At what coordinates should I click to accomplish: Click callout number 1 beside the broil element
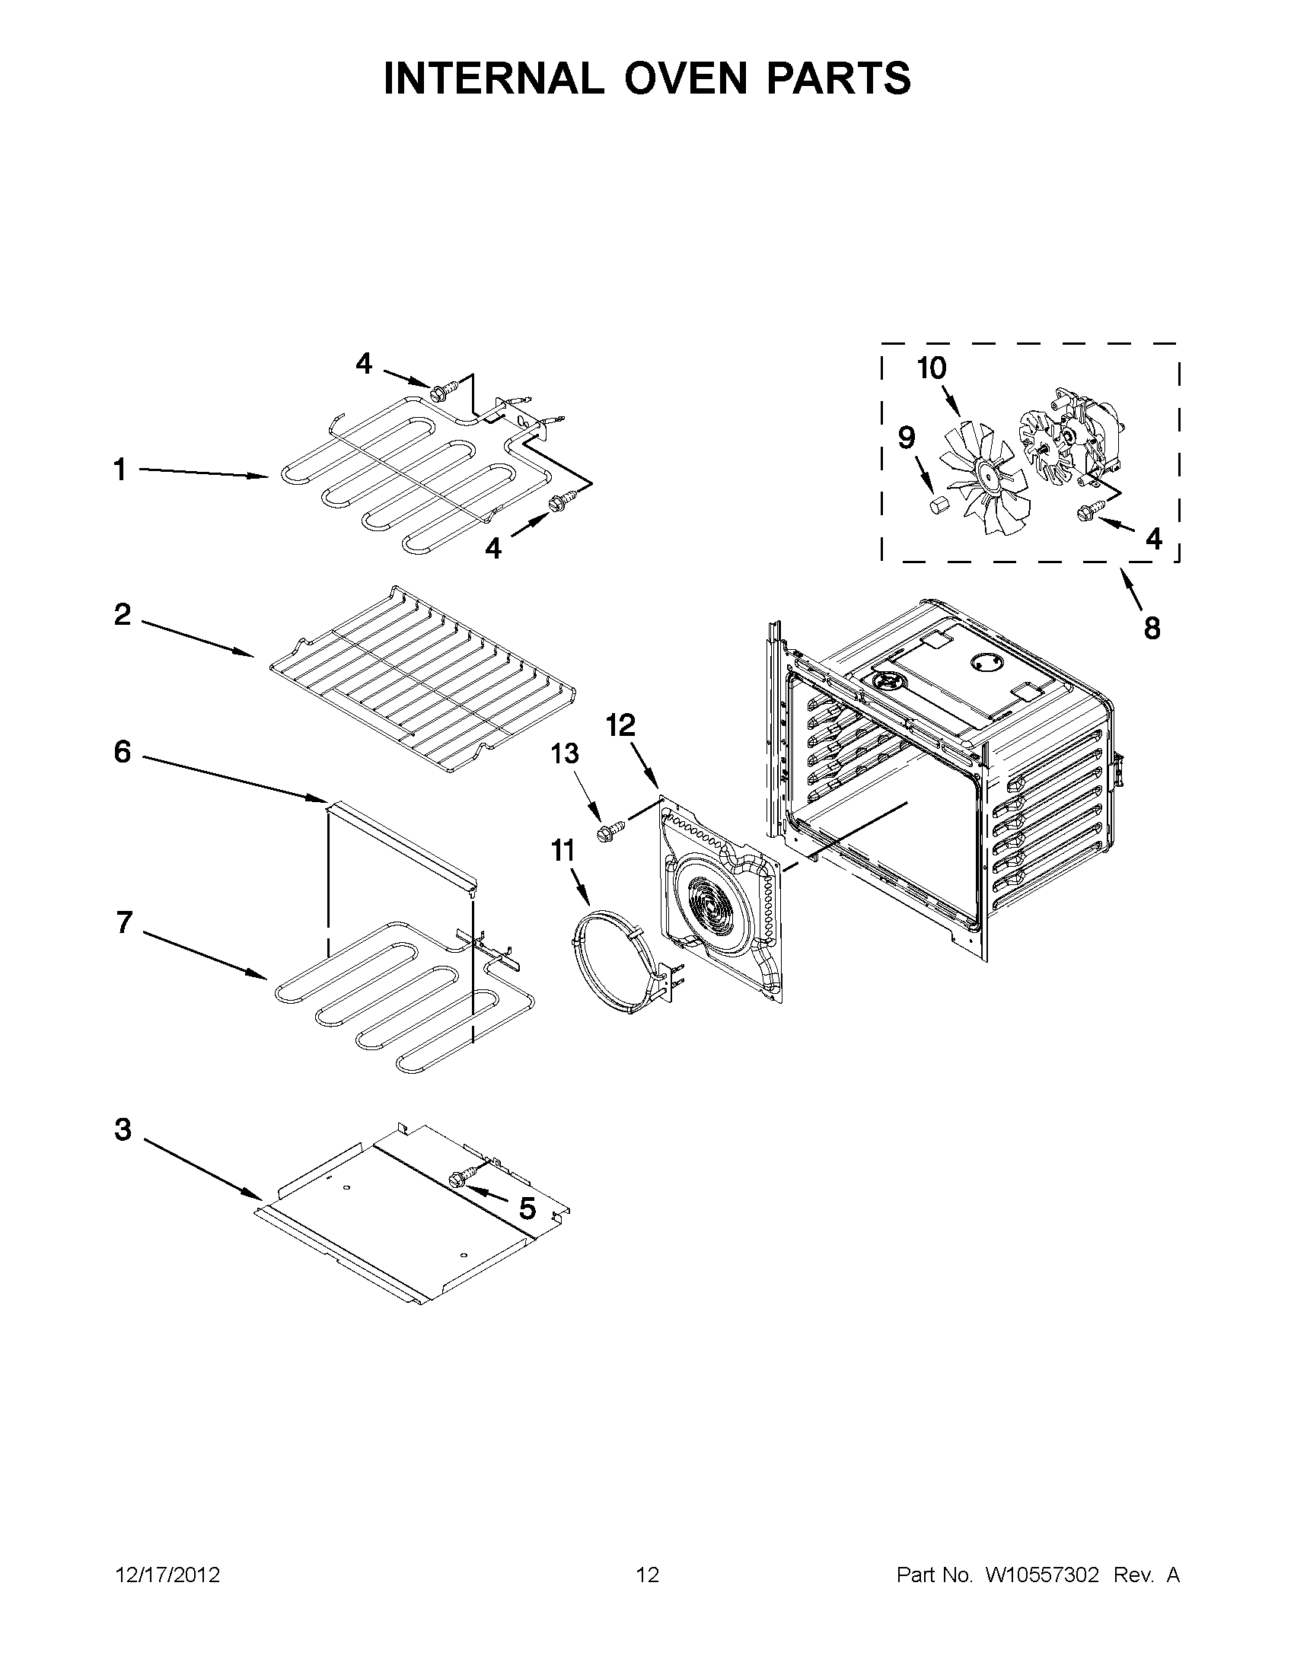pos(120,470)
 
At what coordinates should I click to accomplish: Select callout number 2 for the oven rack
pos(123,614)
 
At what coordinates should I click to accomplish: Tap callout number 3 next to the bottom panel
pos(123,1129)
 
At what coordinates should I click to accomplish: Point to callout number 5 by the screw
pos(527,1208)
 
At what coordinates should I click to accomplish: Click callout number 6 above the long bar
pos(123,753)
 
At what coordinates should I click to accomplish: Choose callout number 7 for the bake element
pos(124,922)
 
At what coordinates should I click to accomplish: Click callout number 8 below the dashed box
pos(1152,629)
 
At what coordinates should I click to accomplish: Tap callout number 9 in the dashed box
pos(906,438)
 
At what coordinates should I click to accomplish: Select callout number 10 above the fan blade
pos(932,369)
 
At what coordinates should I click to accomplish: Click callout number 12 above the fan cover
pos(621,724)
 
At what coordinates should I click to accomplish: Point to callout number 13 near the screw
pos(565,754)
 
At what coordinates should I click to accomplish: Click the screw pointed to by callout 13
pos(610,830)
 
